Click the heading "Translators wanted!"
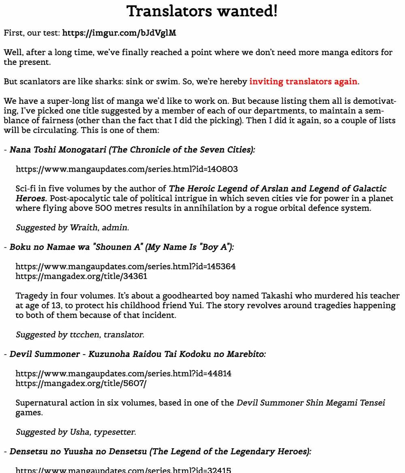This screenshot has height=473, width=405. (202, 11)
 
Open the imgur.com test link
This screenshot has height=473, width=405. (119, 33)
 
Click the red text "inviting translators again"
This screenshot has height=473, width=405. (303, 82)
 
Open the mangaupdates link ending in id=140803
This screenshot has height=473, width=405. (126, 169)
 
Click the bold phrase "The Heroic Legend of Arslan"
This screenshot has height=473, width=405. (227, 189)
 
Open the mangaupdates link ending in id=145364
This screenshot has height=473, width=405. (126, 267)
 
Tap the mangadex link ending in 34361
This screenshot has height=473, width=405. (81, 276)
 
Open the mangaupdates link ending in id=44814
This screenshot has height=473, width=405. (124, 373)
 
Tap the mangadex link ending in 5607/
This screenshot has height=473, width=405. (81, 383)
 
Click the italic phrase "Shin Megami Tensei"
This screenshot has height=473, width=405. (351, 403)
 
